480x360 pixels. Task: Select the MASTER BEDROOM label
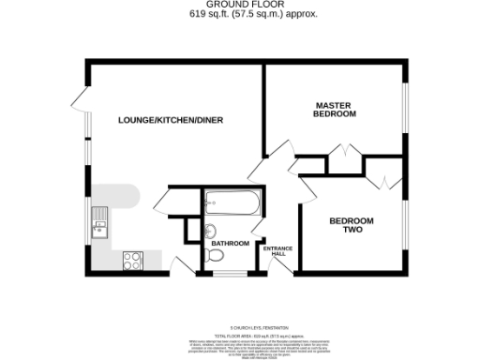pyautogui.click(x=336, y=109)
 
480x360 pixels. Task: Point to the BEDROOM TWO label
pyautogui.click(x=351, y=225)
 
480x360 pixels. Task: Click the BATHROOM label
pyautogui.click(x=230, y=244)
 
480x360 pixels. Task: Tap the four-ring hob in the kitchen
pyautogui.click(x=131, y=261)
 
